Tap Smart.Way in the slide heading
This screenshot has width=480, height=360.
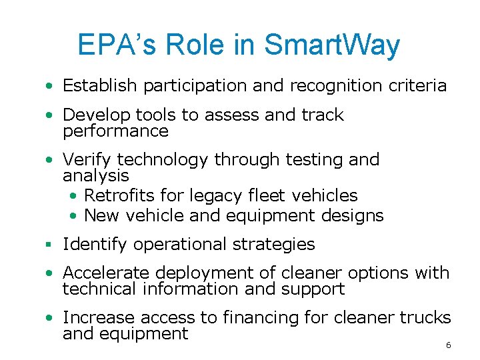(x=332, y=45)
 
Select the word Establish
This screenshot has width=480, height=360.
(x=101, y=85)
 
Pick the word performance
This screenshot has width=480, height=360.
(x=115, y=131)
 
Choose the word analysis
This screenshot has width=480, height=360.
(x=95, y=176)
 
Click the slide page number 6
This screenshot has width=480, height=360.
(x=448, y=345)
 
